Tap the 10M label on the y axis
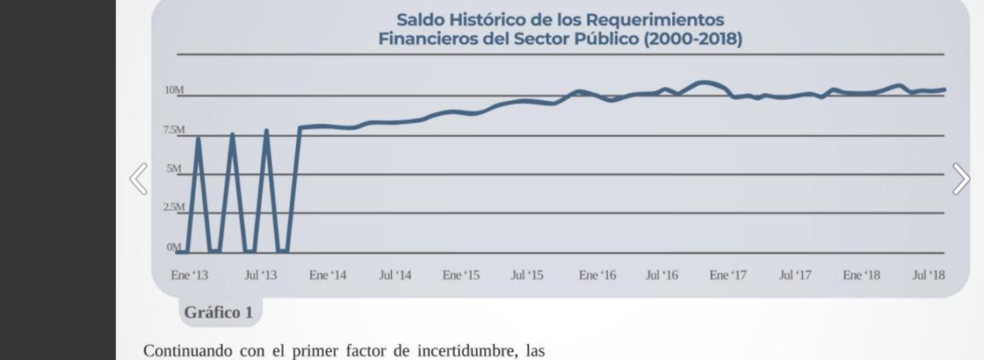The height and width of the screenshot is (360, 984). (x=174, y=90)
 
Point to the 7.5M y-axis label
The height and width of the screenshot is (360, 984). (x=174, y=130)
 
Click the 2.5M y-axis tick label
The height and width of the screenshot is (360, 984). (x=174, y=207)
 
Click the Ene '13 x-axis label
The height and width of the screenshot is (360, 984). (x=190, y=275)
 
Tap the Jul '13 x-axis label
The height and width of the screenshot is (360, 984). (x=260, y=275)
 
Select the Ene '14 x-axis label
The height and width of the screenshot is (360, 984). (x=328, y=275)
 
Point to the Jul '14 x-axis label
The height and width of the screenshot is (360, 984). (x=394, y=275)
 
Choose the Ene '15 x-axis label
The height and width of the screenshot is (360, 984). (x=461, y=275)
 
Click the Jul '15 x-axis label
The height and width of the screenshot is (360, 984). (x=527, y=275)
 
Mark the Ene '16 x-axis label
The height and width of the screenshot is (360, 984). (x=598, y=275)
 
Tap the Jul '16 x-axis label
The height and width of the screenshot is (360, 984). (x=662, y=275)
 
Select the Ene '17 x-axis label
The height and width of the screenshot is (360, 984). (x=728, y=275)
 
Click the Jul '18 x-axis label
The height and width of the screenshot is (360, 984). (x=929, y=275)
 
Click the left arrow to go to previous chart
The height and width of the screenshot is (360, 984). (x=139, y=179)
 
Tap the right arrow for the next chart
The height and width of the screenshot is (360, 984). (x=961, y=179)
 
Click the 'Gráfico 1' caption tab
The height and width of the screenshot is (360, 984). (x=218, y=313)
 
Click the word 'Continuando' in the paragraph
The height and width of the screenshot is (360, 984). (x=184, y=350)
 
